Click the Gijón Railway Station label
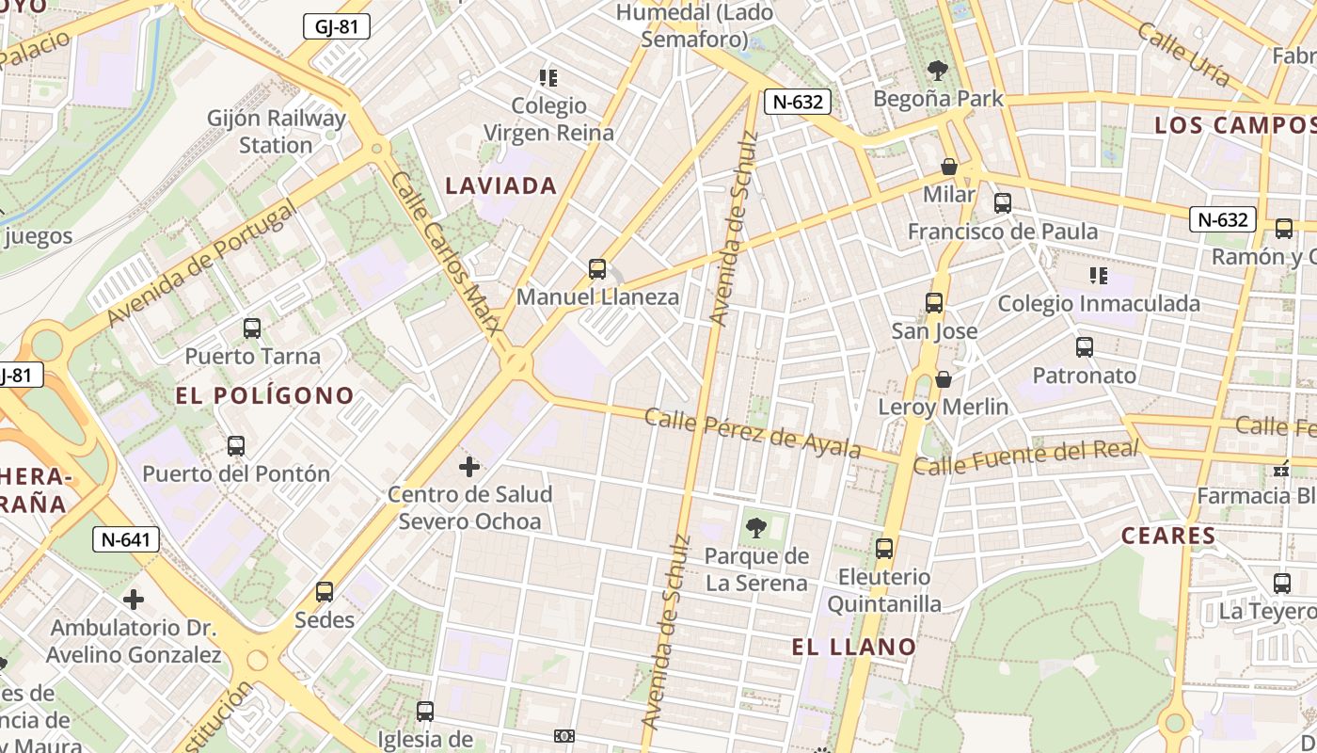[277, 132]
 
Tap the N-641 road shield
[125, 539]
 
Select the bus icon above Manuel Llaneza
[596, 269]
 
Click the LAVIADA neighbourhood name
[501, 186]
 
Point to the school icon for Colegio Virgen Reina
[547, 77]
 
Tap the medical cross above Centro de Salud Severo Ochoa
[468, 466]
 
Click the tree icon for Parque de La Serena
[755, 528]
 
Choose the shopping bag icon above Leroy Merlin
[943, 379]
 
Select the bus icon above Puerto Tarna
[251, 328]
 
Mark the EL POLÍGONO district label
[264, 395]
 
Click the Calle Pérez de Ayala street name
[753, 434]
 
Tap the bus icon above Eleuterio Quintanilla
[883, 549]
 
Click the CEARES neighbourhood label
[1168, 536]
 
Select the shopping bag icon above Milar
[949, 167]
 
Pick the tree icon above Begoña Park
[937, 70]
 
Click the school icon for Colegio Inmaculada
[1098, 276]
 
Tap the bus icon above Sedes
[325, 592]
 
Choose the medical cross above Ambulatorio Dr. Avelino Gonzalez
[134, 600]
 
